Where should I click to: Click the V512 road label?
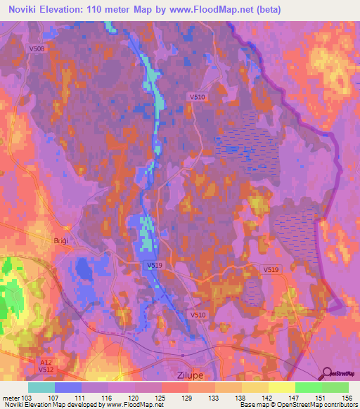(x=46, y=369)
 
